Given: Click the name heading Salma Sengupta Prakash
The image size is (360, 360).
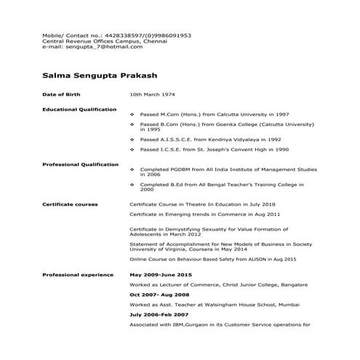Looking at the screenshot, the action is coord(100,75).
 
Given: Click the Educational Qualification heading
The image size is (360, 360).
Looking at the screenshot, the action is coord(79,109).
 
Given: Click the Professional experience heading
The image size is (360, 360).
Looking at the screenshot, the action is coord(78,275).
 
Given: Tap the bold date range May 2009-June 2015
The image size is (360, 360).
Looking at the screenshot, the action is coord(160,275).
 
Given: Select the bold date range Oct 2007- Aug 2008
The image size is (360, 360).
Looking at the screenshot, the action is coord(159,296).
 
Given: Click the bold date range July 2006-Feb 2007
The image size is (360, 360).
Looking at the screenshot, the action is coord(159,314).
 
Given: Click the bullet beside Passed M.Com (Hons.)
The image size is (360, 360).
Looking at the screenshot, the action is coord(132,115).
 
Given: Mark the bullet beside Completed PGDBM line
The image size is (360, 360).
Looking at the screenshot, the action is coord(132,170).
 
